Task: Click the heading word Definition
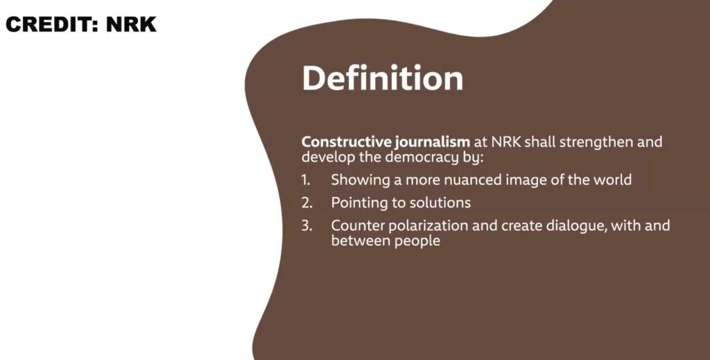[x=383, y=78]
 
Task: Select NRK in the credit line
[x=131, y=24]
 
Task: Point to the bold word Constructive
[x=347, y=142]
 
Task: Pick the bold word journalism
[x=433, y=142]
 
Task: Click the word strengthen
[x=596, y=142]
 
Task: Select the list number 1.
[x=306, y=180]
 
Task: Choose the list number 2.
[x=306, y=203]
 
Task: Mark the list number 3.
[x=306, y=225]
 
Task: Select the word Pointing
[x=361, y=203]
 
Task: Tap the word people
[x=417, y=241]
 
